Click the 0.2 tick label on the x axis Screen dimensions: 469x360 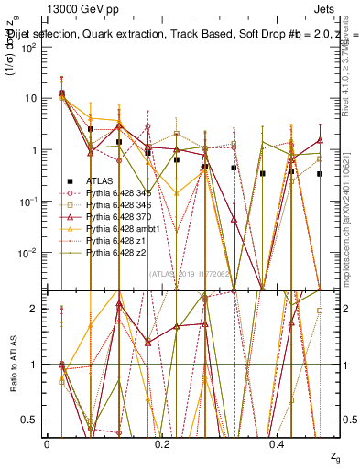(162, 443)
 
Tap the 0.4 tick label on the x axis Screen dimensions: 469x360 (278, 443)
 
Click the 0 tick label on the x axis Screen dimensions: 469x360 (47, 443)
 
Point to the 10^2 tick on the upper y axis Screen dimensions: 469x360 (28, 47)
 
